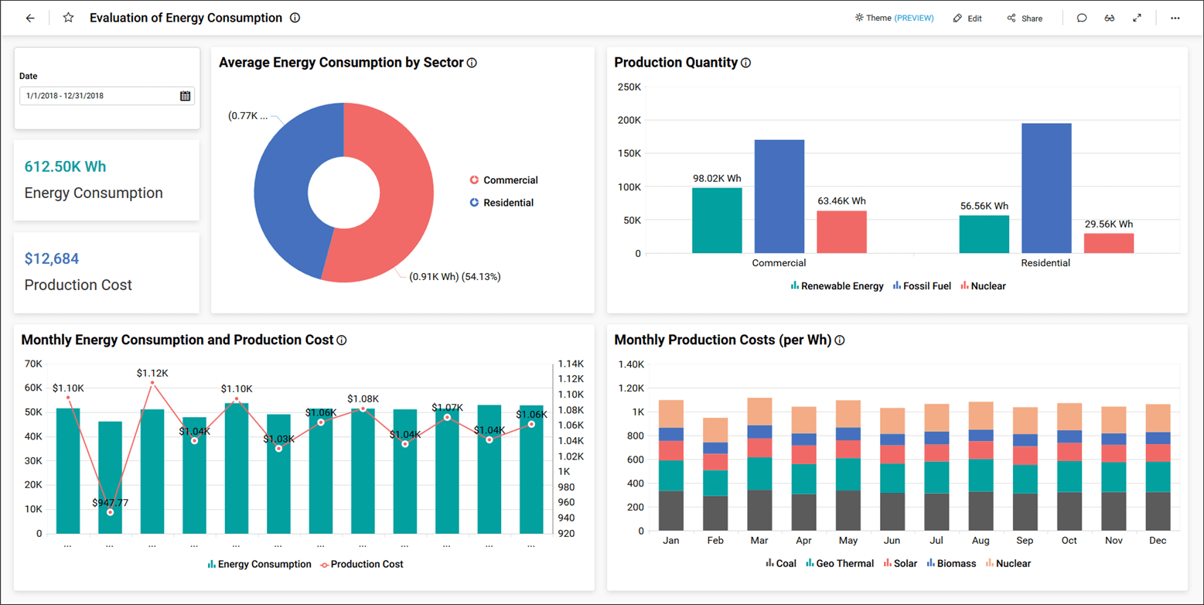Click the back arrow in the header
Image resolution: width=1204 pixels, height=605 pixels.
30,18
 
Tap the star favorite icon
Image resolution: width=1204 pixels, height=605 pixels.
68,18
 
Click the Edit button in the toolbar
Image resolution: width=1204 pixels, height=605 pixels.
967,19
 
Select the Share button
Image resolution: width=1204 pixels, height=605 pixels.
1025,19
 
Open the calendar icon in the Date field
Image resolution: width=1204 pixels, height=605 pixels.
185,96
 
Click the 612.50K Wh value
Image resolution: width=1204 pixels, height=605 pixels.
65,166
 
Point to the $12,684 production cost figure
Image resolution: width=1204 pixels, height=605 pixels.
52,258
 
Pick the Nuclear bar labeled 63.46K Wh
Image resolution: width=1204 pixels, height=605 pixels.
841,231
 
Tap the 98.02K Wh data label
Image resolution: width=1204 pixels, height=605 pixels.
717,178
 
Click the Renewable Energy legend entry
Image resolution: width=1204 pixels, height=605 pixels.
837,286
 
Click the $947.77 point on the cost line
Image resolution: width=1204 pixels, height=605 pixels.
110,512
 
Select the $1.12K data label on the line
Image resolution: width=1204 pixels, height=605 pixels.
152,373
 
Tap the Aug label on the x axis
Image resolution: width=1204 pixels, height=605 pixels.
980,541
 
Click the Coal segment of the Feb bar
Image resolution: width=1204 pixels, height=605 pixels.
715,513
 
